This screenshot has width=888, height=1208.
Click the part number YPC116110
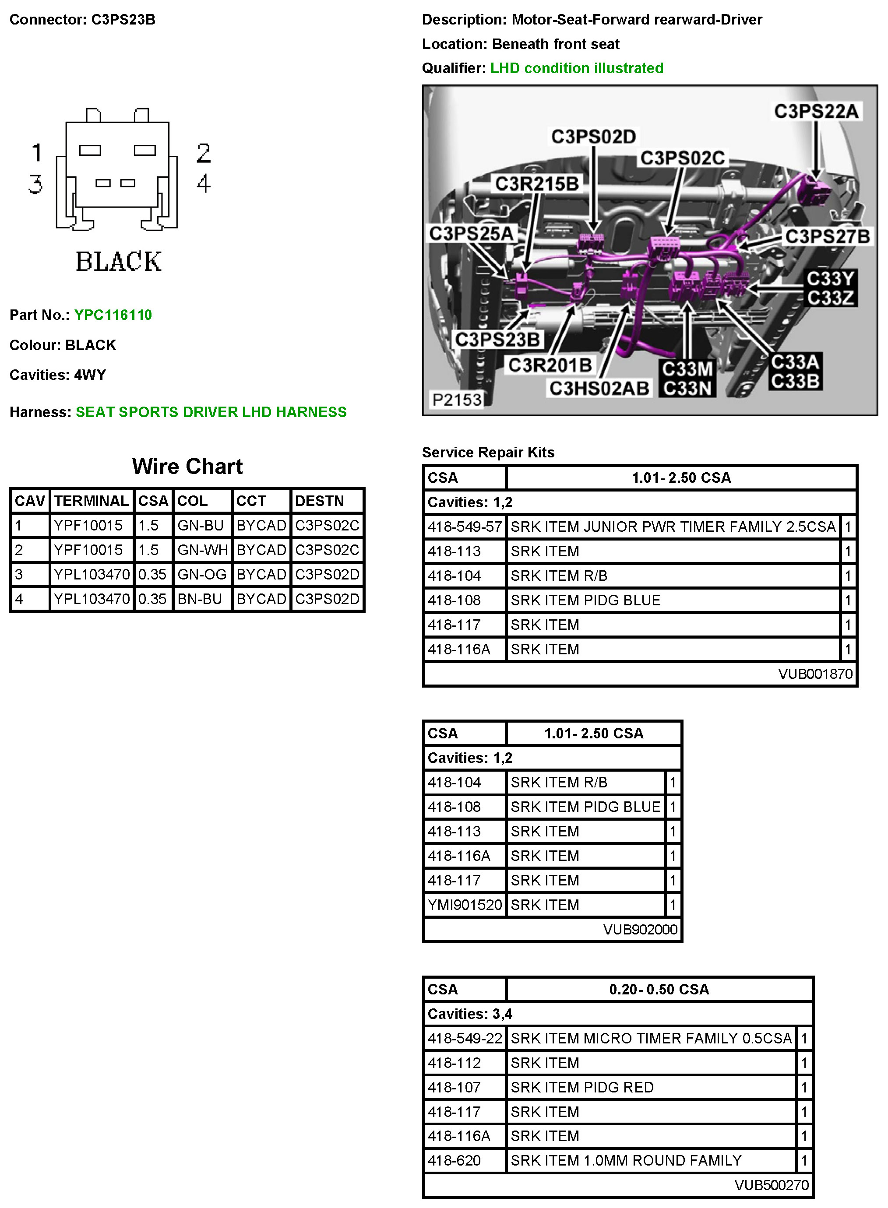[113, 315]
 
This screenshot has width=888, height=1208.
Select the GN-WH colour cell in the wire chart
[202, 550]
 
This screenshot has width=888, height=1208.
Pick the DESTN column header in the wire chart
[319, 501]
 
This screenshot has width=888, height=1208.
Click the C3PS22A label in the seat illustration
[816, 111]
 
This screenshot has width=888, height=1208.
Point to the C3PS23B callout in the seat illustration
[497, 340]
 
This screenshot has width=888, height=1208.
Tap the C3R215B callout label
[536, 184]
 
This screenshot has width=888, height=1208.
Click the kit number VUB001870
[815, 674]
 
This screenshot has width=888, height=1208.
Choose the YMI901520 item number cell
[465, 905]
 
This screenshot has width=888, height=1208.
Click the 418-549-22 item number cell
[465, 1038]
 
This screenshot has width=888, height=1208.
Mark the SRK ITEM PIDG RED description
[581, 1087]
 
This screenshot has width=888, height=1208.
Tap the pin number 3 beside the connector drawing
[35, 184]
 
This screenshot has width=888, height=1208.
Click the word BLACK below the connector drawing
[118, 262]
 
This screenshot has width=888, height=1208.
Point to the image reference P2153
[457, 400]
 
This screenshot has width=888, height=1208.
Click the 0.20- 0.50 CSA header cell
[659, 989]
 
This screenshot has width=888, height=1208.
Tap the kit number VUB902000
[640, 930]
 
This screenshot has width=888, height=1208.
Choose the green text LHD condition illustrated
[576, 68]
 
